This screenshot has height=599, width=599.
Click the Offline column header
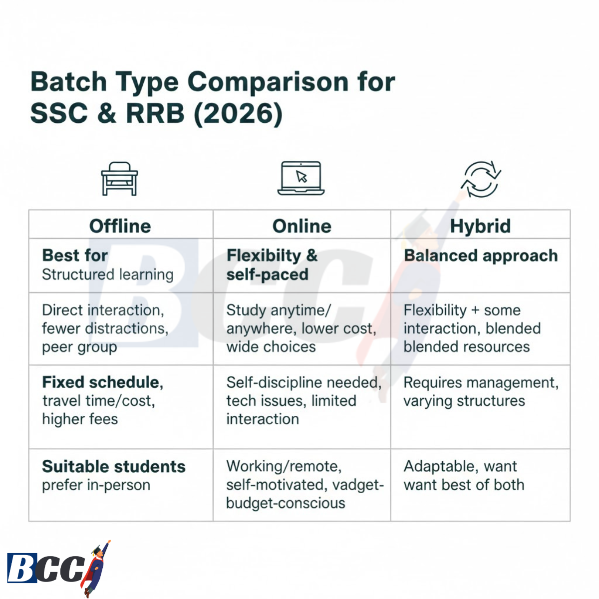click(120, 226)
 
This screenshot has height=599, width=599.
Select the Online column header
click(301, 226)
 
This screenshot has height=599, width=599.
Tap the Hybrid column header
click(480, 226)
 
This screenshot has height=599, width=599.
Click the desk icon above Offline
click(119, 179)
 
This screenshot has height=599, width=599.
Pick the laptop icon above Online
click(301, 178)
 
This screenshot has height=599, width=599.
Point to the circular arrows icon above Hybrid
click(481, 179)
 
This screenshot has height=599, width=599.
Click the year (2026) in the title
click(239, 114)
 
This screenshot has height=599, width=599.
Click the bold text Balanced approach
click(481, 256)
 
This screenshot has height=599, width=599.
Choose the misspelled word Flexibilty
click(264, 256)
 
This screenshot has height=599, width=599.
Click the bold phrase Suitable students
click(114, 466)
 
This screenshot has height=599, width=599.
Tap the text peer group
click(79, 347)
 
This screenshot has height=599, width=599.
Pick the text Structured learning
click(108, 275)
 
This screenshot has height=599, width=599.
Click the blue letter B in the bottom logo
click(21, 568)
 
